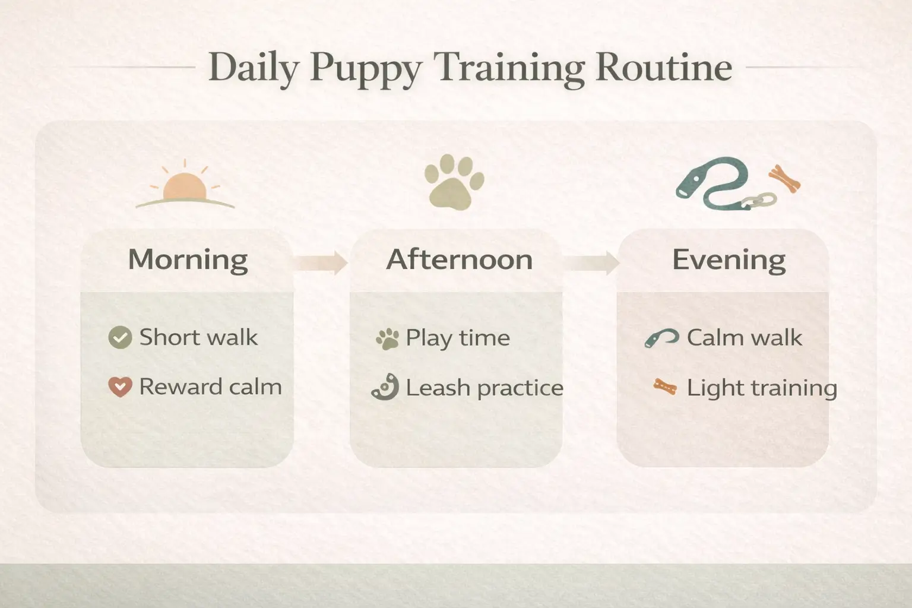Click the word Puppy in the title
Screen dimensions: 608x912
(366, 68)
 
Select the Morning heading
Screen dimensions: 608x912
(188, 259)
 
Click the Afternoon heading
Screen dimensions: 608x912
(459, 259)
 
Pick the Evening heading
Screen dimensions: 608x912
(729, 259)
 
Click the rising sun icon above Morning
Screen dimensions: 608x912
(185, 188)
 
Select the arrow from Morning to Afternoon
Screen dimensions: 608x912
(321, 262)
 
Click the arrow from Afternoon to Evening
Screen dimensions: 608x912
(591, 262)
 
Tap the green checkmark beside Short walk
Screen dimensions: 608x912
(120, 337)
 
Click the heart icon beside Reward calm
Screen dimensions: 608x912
(120, 387)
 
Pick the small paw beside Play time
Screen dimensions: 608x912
(387, 339)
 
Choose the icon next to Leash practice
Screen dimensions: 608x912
(385, 388)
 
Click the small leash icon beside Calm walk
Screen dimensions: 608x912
(661, 338)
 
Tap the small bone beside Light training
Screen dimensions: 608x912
(665, 388)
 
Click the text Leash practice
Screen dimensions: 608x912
(484, 388)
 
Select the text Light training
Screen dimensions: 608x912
(762, 388)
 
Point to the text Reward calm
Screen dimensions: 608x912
(210, 387)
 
